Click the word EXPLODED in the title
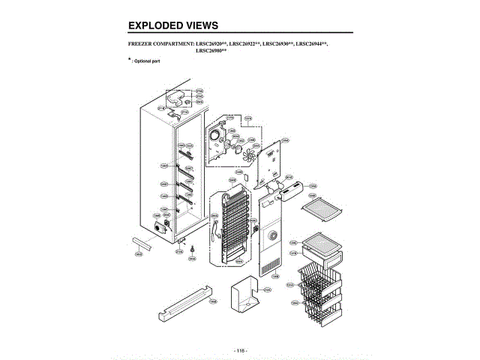tap(154, 25)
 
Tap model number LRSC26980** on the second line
tap(211, 51)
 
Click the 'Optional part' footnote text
tap(145, 60)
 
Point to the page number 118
tap(240, 350)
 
